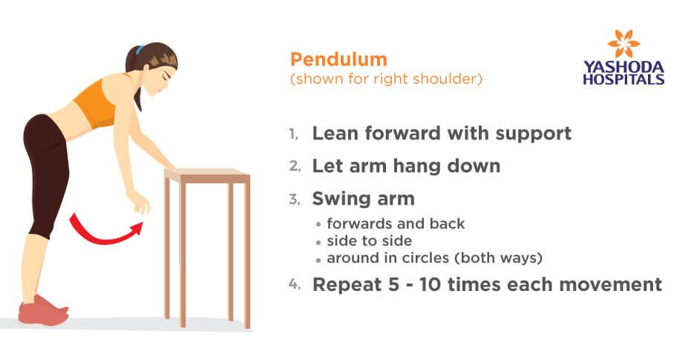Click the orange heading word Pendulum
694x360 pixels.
point(338,59)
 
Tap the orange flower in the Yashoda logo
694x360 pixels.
point(623,43)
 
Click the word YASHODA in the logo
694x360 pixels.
point(623,68)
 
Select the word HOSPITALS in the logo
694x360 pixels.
point(623,79)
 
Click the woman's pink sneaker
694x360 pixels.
point(43,310)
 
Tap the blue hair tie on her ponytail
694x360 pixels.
point(140,49)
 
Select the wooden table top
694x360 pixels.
point(207,175)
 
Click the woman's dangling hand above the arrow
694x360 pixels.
point(139,202)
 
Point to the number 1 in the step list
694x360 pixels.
point(293,134)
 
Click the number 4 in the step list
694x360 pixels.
point(294,284)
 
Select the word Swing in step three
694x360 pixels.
point(340,199)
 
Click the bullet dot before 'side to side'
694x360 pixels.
point(318,243)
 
